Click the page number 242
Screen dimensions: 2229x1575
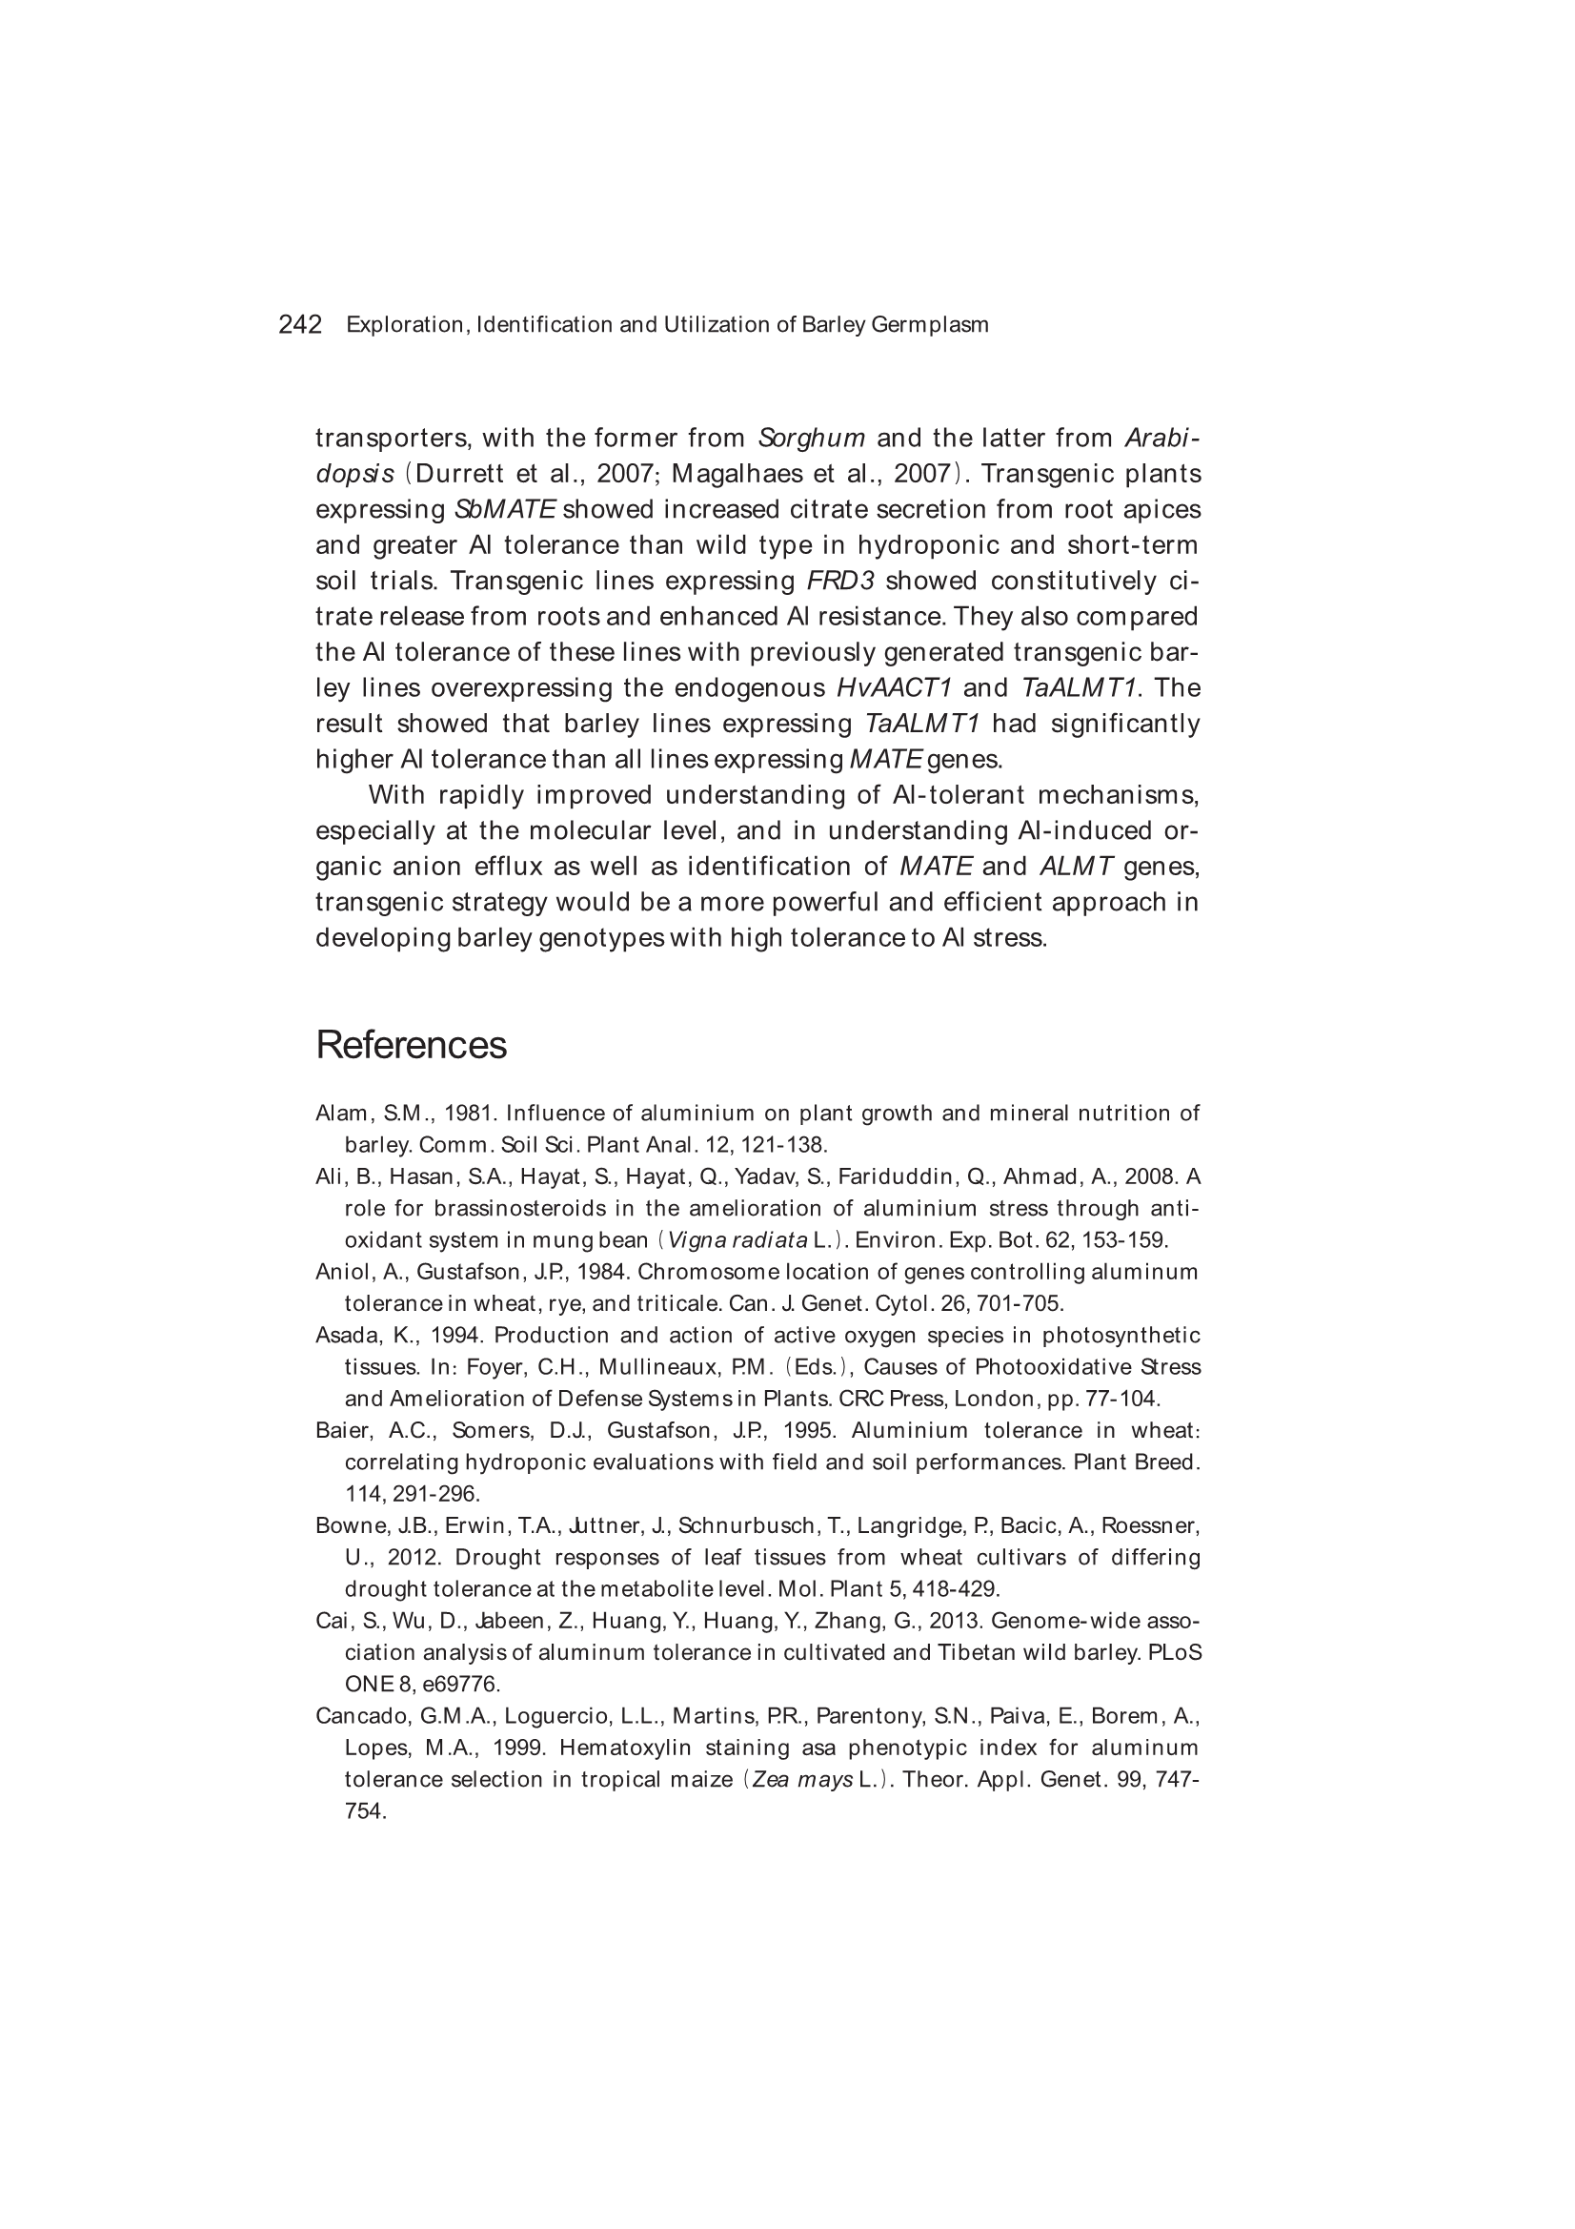300,324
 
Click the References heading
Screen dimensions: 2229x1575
411,1046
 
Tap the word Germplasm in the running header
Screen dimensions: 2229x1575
930,324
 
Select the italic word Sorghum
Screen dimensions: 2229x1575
811,438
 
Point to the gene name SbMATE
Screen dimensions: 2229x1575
505,510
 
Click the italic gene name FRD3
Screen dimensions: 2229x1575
840,582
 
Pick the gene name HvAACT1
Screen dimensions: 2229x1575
894,688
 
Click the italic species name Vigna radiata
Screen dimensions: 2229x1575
737,1239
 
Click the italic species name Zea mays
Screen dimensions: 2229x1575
800,1780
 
